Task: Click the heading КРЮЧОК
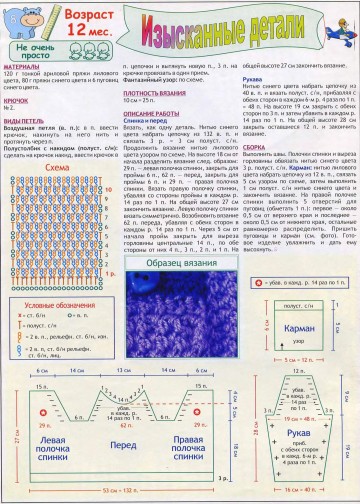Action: [x=17, y=100]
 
